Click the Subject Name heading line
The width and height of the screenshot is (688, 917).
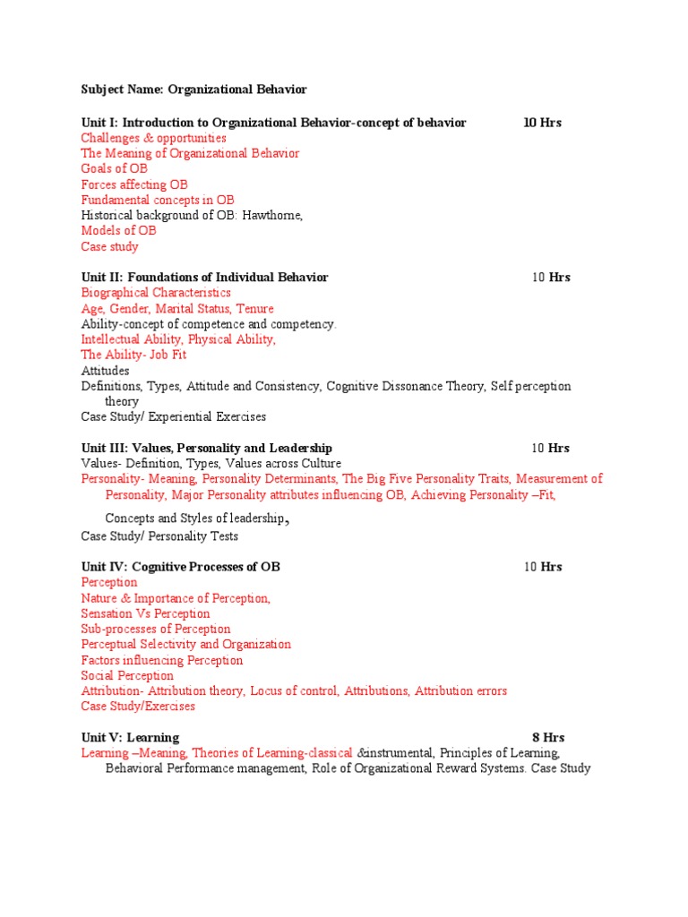(193, 90)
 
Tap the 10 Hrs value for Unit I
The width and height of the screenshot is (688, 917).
(542, 123)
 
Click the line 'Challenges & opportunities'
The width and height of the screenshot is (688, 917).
(153, 138)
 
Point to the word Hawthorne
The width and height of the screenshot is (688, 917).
(273, 216)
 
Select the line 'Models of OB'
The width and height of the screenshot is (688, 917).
(118, 231)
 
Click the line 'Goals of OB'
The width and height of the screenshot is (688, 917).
(114, 169)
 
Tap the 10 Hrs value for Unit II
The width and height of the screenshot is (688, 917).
(550, 278)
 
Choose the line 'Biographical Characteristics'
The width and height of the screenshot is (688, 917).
(156, 293)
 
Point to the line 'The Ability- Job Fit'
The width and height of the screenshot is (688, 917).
(133, 356)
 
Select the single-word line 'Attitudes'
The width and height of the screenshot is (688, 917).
(105, 371)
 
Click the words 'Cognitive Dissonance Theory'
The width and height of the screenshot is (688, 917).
(404, 387)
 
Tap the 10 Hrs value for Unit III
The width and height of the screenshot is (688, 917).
(550, 448)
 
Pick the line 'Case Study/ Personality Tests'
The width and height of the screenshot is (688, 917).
(159, 536)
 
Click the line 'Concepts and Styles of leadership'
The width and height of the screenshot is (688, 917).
(198, 518)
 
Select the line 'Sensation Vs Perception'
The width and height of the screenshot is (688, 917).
(145, 614)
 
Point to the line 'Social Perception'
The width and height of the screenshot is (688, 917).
(127, 676)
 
